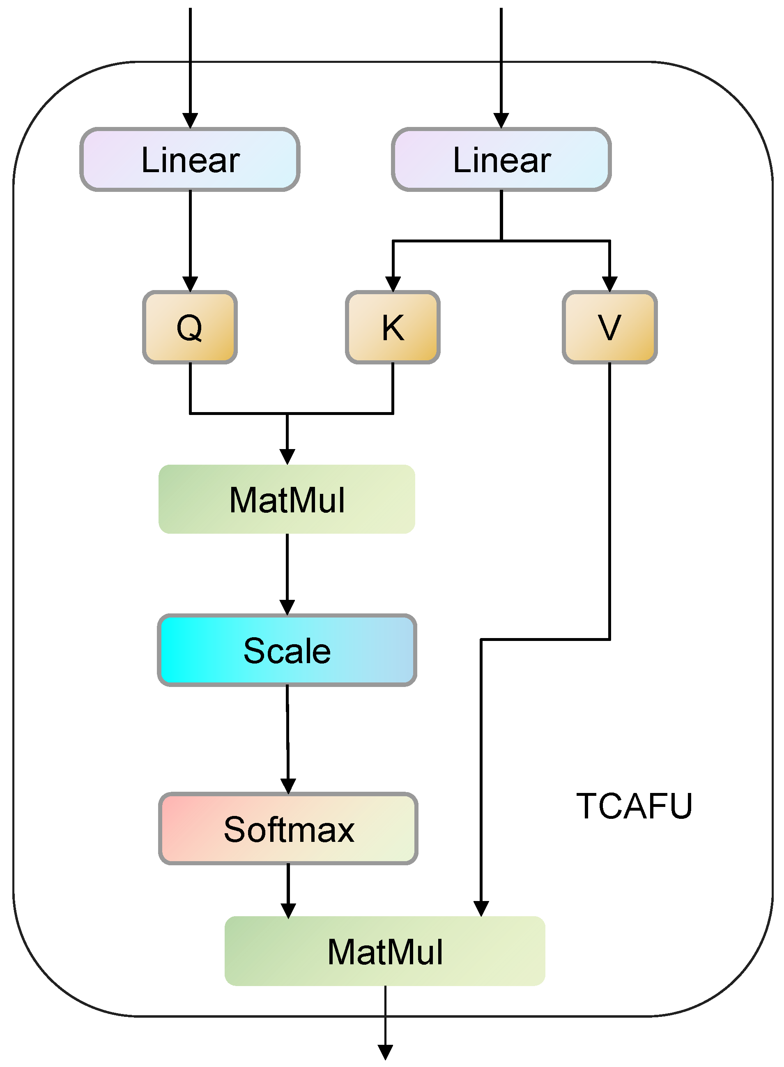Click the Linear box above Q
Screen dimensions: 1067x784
[x=190, y=159]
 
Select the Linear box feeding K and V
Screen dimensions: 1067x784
[x=501, y=159]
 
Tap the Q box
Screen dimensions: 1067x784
[x=190, y=327]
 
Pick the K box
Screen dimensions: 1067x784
[x=393, y=327]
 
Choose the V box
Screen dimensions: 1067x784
[x=610, y=327]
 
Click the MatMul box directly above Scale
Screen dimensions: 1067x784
[x=287, y=499]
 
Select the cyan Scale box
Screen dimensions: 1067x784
[x=287, y=650]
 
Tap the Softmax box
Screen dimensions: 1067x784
[x=288, y=829]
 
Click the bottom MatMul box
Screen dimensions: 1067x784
[x=385, y=951]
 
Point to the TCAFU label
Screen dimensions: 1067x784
[x=634, y=807]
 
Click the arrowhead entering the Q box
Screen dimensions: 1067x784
[x=190, y=284]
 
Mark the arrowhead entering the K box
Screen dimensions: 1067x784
[x=393, y=284]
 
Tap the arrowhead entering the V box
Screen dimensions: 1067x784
[x=610, y=284]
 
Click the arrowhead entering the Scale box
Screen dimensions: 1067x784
[x=287, y=607]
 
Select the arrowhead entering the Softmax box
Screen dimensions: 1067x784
[x=288, y=786]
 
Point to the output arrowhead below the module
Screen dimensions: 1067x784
[x=385, y=1052]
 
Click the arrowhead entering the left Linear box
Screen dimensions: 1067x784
[x=190, y=120]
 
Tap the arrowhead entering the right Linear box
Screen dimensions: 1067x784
[x=501, y=120]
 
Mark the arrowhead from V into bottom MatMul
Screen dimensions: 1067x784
[x=481, y=908]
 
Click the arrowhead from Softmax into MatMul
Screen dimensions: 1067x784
[x=288, y=910]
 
